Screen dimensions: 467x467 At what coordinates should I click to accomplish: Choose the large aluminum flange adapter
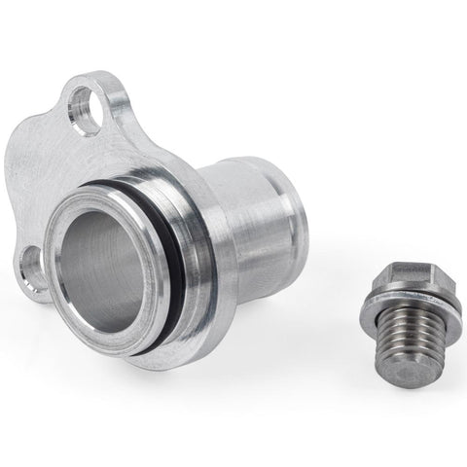pos(156,224)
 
